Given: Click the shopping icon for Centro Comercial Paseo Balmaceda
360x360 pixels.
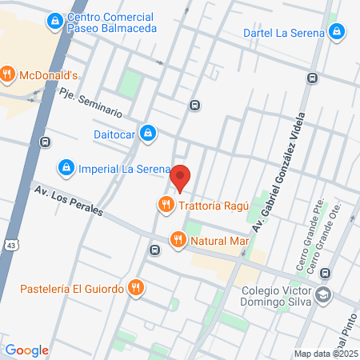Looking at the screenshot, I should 55,21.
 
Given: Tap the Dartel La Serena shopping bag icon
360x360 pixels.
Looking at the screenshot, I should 338,33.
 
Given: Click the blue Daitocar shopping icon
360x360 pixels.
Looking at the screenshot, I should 146,132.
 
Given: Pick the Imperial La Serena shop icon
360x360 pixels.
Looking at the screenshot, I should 66,169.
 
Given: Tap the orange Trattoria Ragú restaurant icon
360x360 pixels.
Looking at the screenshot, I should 166,205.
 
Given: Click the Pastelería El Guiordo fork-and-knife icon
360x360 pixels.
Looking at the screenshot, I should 137,287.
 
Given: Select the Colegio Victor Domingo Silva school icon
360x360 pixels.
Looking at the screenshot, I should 323,294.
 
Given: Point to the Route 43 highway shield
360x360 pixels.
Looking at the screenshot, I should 10,242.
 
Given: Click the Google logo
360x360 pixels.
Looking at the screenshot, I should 26,350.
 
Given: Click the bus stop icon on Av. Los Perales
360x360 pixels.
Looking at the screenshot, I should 154,248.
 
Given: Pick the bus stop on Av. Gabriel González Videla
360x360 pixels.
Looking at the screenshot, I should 311,78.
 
